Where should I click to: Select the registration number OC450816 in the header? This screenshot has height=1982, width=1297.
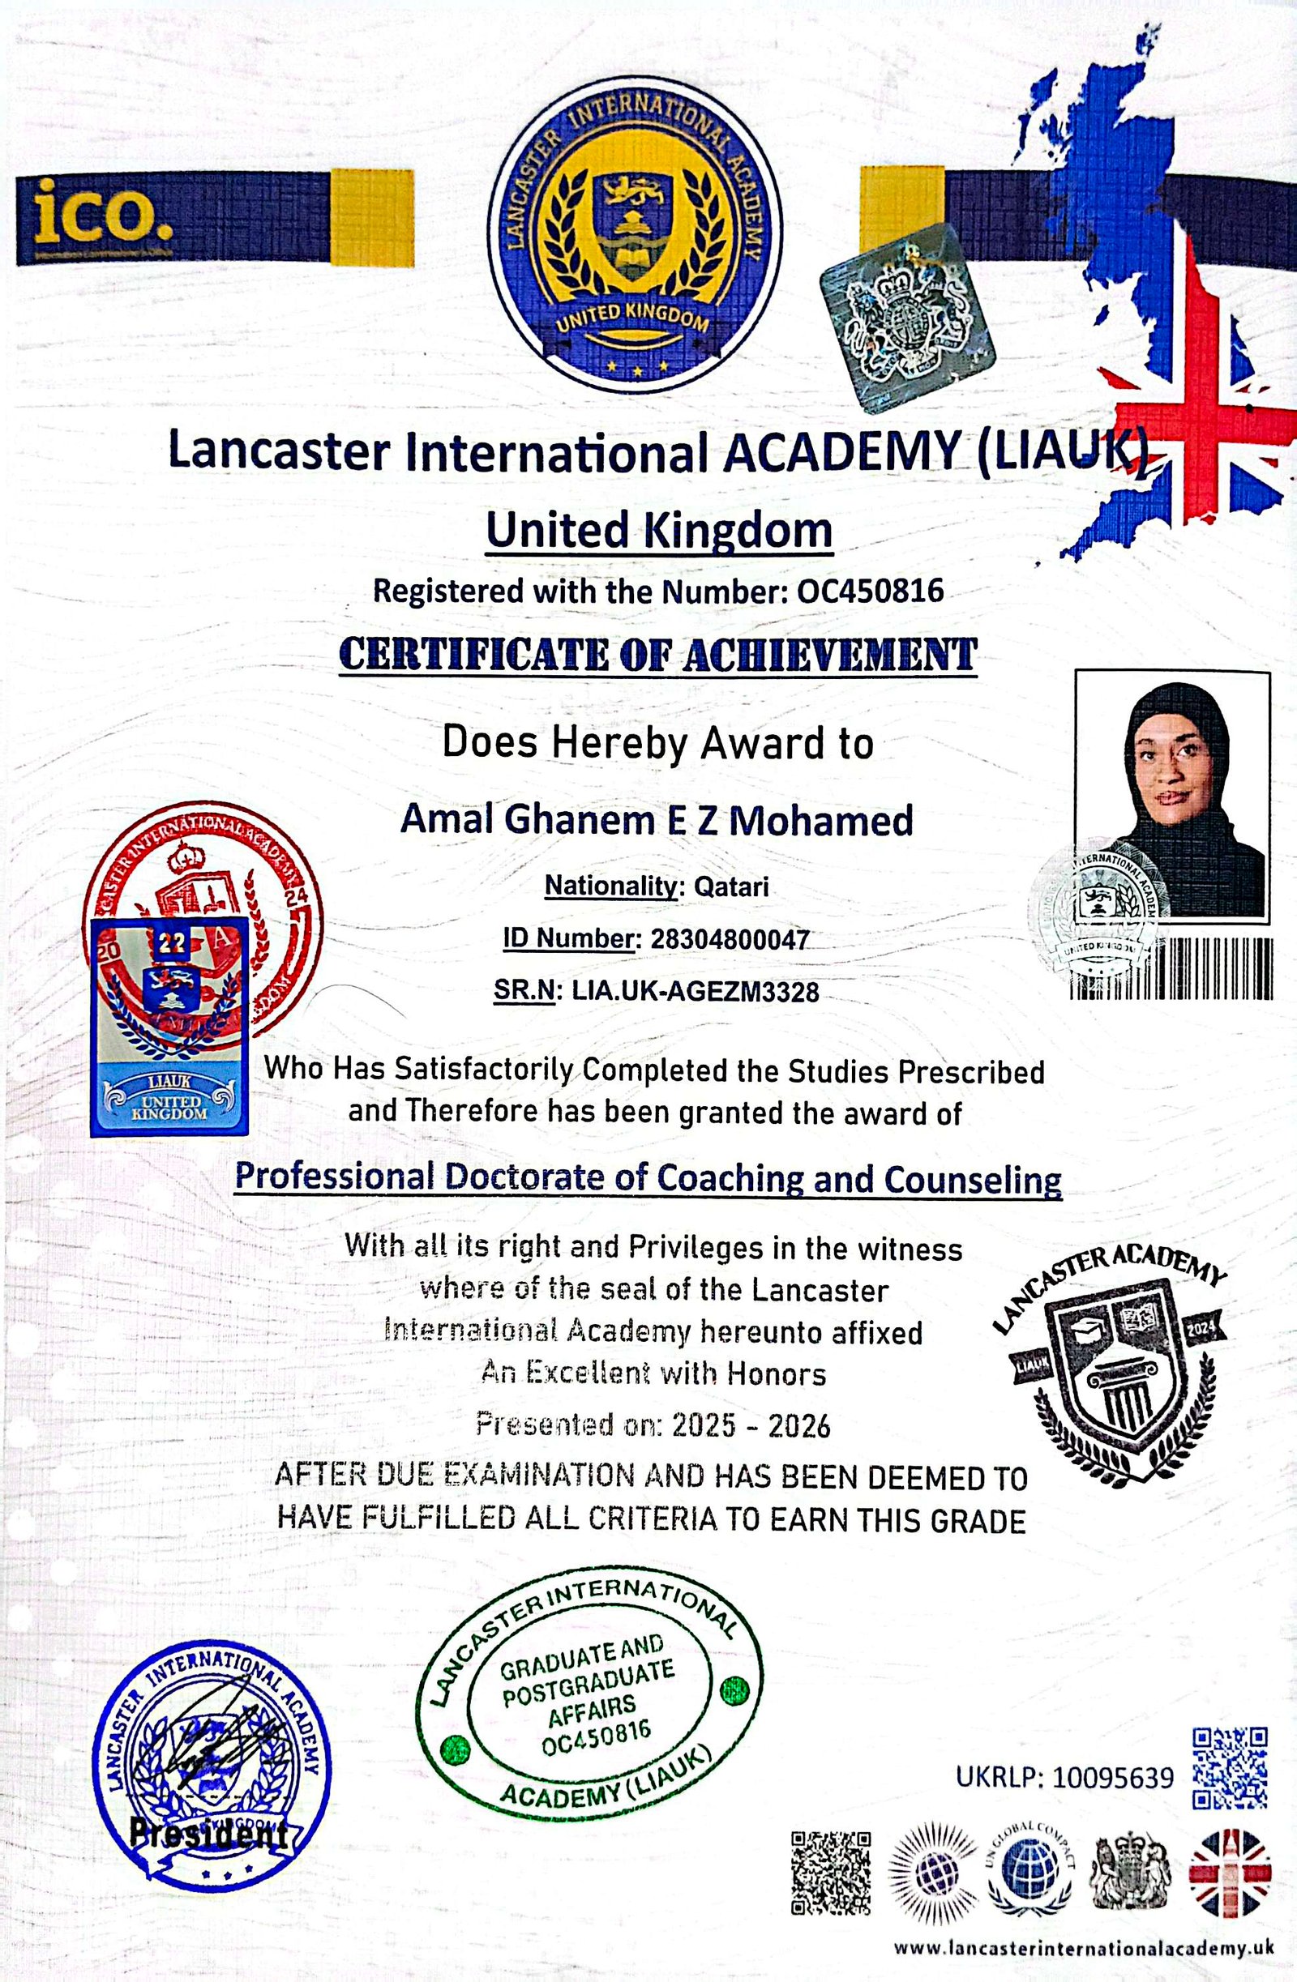click(871, 592)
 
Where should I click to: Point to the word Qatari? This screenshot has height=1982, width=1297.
click(731, 886)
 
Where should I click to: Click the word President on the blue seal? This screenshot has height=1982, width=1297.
click(208, 1832)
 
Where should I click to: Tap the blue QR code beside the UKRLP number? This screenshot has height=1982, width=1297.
click(1230, 1767)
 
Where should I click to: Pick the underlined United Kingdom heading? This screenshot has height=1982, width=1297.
click(659, 531)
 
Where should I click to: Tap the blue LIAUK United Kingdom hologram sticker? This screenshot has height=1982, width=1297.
click(170, 1026)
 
